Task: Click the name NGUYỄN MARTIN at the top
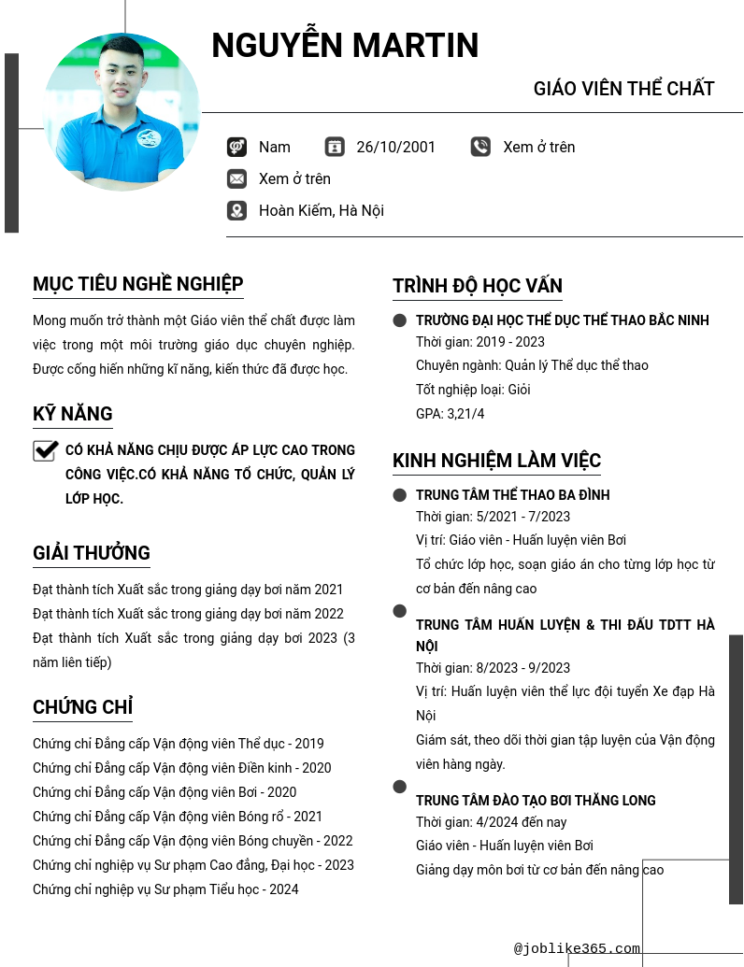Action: pos(345,46)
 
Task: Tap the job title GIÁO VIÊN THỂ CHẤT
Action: pos(623,89)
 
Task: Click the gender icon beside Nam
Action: pos(236,147)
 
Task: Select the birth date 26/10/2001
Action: pos(395,147)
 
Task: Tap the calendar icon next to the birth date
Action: pos(335,147)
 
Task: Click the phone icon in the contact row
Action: pos(480,147)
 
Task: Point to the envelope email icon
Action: pos(236,178)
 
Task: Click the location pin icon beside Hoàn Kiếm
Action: pos(236,210)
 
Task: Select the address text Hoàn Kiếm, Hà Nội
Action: pos(321,210)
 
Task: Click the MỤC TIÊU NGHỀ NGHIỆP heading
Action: pos(138,284)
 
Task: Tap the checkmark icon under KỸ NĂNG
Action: pos(46,451)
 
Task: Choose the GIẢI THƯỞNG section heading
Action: pos(92,553)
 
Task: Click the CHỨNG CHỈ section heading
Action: pos(82,707)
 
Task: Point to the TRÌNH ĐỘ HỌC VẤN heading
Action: pos(478,286)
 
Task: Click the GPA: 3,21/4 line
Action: pos(451,414)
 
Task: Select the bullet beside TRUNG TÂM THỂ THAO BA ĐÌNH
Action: pos(400,495)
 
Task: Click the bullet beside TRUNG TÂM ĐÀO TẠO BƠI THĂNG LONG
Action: pos(400,787)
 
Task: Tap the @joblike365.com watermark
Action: pos(577,948)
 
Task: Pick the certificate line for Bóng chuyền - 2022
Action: pos(193,841)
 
